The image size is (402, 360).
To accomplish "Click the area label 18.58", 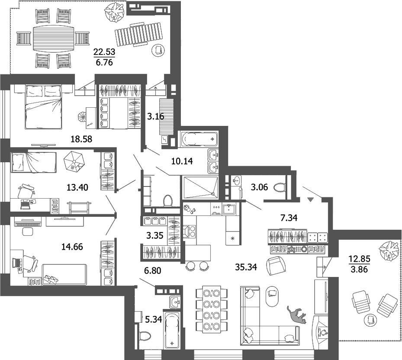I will pyautogui.click(x=82, y=139).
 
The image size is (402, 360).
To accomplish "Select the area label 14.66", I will pyautogui.click(x=72, y=247).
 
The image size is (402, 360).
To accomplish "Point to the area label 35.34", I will pyautogui.click(x=246, y=267).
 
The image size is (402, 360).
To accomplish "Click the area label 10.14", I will pyautogui.click(x=182, y=161).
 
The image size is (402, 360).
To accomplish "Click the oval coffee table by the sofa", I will pyautogui.click(x=272, y=294).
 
